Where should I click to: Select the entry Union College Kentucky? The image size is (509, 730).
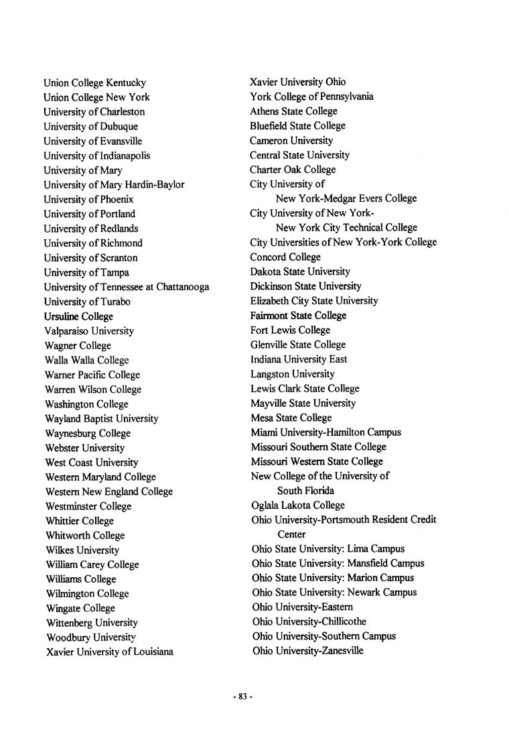point(94,83)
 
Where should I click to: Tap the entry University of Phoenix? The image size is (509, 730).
point(88,200)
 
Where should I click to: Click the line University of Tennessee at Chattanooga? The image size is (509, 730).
point(126,287)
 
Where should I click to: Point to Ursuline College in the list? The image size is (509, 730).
point(78,316)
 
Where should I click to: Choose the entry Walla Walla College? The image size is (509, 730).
point(86,360)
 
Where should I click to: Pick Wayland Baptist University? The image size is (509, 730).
point(101,418)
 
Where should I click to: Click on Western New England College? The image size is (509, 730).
point(108,491)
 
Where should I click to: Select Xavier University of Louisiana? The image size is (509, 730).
point(108,652)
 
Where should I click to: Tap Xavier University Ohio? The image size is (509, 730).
point(298,82)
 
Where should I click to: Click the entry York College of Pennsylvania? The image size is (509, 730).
point(311,97)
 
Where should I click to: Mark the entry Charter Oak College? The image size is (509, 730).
point(293,170)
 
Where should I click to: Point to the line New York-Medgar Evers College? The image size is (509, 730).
point(346,198)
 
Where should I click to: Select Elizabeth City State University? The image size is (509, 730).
point(314,301)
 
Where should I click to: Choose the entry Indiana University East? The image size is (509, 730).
point(299,359)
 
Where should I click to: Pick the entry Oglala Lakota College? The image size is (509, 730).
point(298,505)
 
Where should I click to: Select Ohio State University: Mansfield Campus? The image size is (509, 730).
point(338,564)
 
